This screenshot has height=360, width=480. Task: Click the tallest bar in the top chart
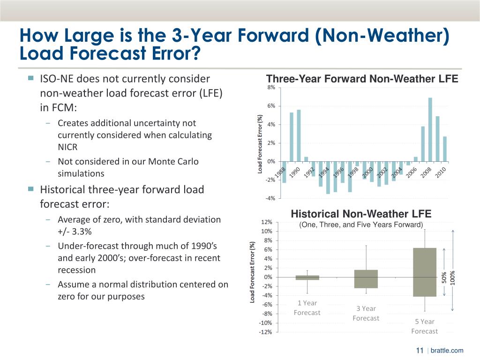click(x=430, y=129)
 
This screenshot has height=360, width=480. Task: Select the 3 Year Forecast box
click(x=366, y=279)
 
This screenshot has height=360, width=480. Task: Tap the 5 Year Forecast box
click(x=425, y=272)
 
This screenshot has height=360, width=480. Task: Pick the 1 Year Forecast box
click(x=307, y=277)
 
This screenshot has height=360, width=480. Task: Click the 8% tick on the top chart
click(x=271, y=88)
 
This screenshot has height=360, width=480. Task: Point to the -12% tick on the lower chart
click(x=265, y=332)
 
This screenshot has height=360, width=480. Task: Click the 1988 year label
click(x=280, y=172)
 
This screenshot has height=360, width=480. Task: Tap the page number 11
click(x=420, y=351)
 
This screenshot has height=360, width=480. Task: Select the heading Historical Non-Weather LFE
click(x=361, y=214)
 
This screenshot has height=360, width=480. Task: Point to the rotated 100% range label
click(x=452, y=277)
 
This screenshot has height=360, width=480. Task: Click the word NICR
click(x=68, y=147)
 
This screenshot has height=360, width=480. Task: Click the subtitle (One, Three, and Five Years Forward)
click(x=361, y=225)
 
